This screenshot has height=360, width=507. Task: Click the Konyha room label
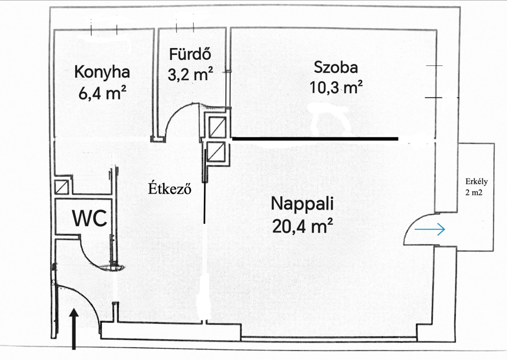tap(102, 72)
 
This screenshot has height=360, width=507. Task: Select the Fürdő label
tap(190, 54)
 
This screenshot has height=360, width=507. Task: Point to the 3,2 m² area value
tap(191, 74)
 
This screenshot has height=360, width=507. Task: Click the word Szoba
tap(336, 68)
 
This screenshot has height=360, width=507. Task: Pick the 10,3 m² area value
tap(336, 87)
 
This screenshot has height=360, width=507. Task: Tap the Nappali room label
tap(302, 204)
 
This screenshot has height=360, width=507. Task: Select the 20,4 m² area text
tap(303, 226)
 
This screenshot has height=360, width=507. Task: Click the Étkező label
tap(169, 188)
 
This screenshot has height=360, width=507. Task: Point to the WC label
tap(90, 218)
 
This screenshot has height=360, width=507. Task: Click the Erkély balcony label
tap(476, 181)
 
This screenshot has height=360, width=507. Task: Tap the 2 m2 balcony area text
tap(474, 193)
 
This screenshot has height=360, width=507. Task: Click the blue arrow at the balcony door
tap(430, 229)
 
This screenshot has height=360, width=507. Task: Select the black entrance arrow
tap(74, 329)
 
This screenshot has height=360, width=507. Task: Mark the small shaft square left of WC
tap(61, 187)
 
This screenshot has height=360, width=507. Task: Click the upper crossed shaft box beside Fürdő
tap(217, 127)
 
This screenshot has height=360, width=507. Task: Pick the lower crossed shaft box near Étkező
tap(216, 152)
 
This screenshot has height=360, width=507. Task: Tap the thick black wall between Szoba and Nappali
tap(315, 139)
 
